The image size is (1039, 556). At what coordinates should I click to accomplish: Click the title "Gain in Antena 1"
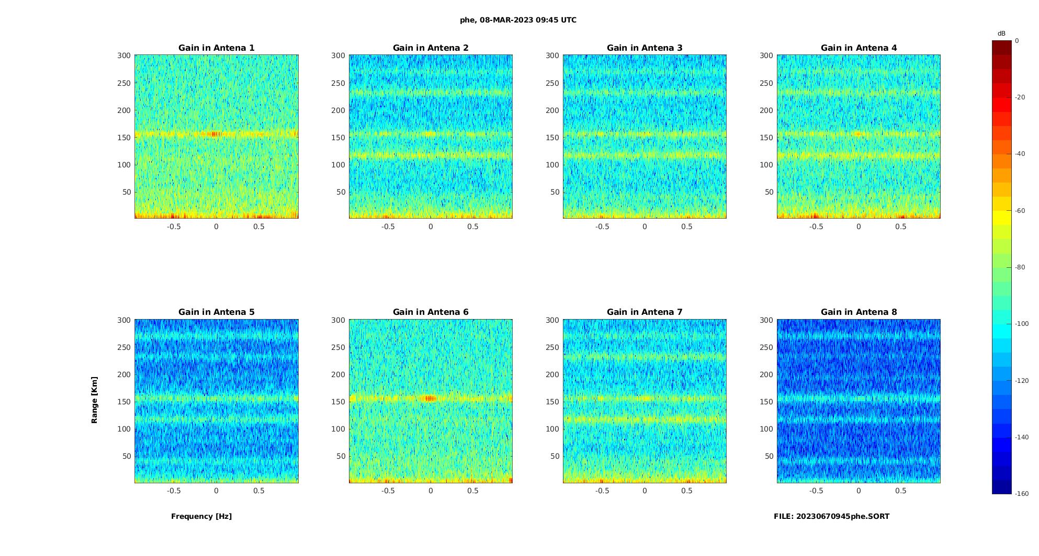tap(216, 48)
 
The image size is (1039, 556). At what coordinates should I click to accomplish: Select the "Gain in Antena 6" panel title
tap(431, 312)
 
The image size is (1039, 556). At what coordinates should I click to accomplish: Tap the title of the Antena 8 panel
tap(859, 312)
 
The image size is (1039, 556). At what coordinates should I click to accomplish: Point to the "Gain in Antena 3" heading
tap(645, 48)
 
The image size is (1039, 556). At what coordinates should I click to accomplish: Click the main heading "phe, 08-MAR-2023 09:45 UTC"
tap(518, 20)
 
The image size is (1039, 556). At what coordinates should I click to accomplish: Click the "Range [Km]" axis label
tap(95, 400)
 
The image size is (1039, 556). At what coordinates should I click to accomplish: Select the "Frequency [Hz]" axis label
tap(201, 516)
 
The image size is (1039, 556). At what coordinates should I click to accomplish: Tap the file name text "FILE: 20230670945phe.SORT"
tap(831, 516)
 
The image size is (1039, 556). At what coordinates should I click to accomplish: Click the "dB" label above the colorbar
tap(1001, 33)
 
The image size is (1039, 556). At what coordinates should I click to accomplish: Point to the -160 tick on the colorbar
tap(1022, 494)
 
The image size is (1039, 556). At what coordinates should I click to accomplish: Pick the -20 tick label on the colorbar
tap(1020, 97)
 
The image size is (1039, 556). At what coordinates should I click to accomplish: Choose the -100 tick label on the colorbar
tap(1022, 324)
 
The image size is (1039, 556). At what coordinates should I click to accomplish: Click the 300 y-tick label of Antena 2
tap(338, 55)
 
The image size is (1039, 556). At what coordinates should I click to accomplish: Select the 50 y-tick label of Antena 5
tap(127, 456)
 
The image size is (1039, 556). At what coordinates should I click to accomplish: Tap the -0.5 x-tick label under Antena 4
tap(816, 226)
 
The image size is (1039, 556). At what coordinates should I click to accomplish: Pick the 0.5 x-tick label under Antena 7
tap(687, 491)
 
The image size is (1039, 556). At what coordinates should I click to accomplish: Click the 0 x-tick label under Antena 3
tap(645, 226)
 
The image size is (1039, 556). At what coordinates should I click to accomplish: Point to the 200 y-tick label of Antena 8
tap(766, 375)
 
